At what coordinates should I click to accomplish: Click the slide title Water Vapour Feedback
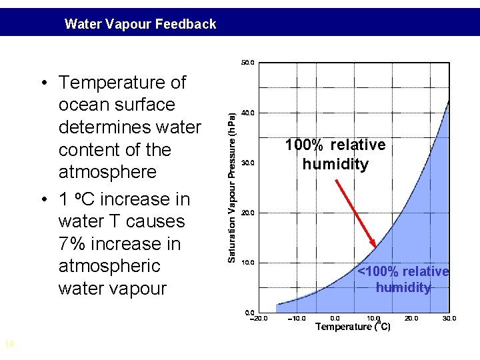140,25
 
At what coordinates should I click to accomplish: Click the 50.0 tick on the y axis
247,63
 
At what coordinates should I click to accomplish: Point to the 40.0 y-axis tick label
247,113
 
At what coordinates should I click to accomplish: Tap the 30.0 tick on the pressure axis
247,163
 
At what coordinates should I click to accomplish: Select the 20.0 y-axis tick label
247,213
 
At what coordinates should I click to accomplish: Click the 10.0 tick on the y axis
247,263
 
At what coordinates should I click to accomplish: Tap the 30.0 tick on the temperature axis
449,319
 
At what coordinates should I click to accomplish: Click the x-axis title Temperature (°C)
353,327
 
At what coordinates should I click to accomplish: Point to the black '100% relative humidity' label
335,155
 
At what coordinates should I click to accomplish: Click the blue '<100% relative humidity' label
403,279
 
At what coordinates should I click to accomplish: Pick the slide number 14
9,344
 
